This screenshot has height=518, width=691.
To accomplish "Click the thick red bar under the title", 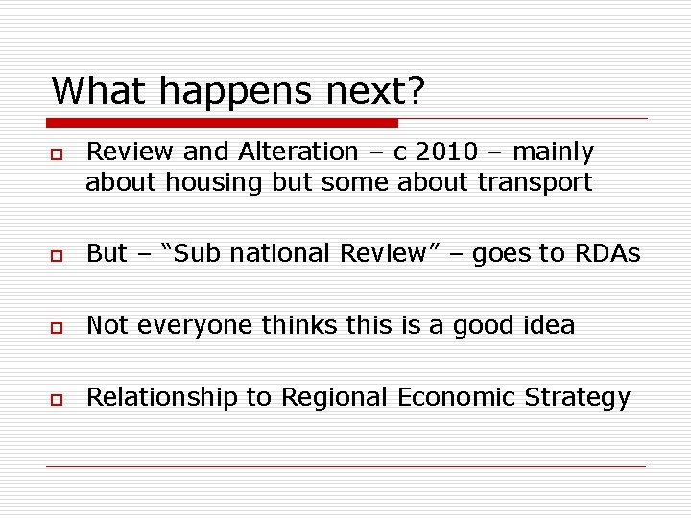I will (223, 123).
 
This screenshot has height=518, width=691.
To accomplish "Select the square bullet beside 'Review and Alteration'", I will (57, 153).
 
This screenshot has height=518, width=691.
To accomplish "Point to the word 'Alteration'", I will (298, 152).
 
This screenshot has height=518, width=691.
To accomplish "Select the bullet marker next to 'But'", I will (57, 255).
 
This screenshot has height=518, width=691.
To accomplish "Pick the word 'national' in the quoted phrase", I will (272, 253).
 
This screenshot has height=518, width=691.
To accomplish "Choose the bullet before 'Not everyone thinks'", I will (57, 327).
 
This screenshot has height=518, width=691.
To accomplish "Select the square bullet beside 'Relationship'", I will (57, 399).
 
